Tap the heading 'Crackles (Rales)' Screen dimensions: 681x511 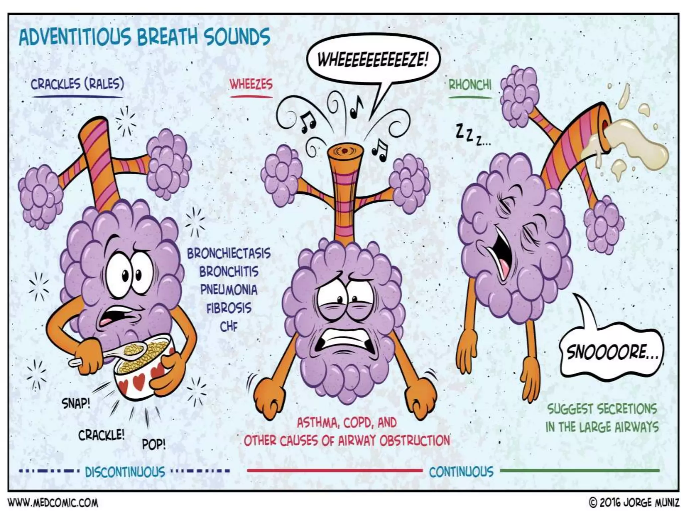(77, 84)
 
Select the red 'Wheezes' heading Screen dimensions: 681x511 (251, 84)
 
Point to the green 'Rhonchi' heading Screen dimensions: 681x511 (470, 85)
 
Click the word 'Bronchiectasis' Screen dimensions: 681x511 (229, 254)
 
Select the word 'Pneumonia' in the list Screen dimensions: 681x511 (229, 290)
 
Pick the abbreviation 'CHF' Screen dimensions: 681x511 (229, 327)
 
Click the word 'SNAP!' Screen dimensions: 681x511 (76, 404)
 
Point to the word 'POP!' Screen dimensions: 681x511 (154, 444)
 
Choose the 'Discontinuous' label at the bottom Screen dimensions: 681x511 (125, 472)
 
